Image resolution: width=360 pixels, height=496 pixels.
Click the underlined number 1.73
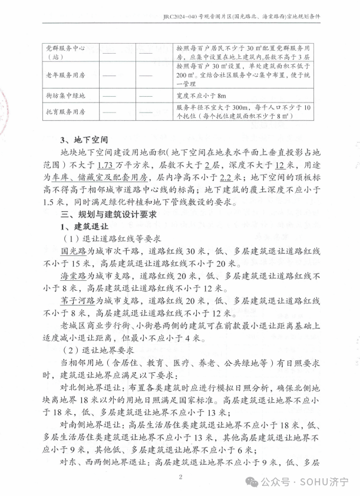pyautogui.click(x=105, y=163)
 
